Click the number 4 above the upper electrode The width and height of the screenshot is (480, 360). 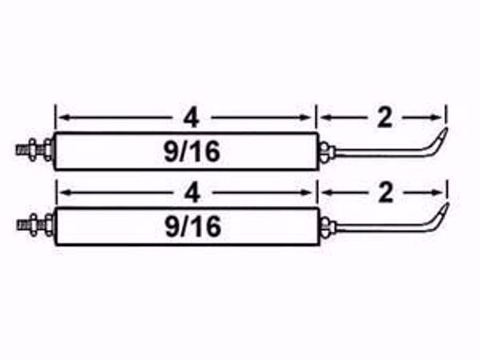click(191, 119)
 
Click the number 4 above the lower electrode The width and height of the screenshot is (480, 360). click(191, 193)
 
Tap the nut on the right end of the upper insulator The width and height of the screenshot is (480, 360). click(323, 149)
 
